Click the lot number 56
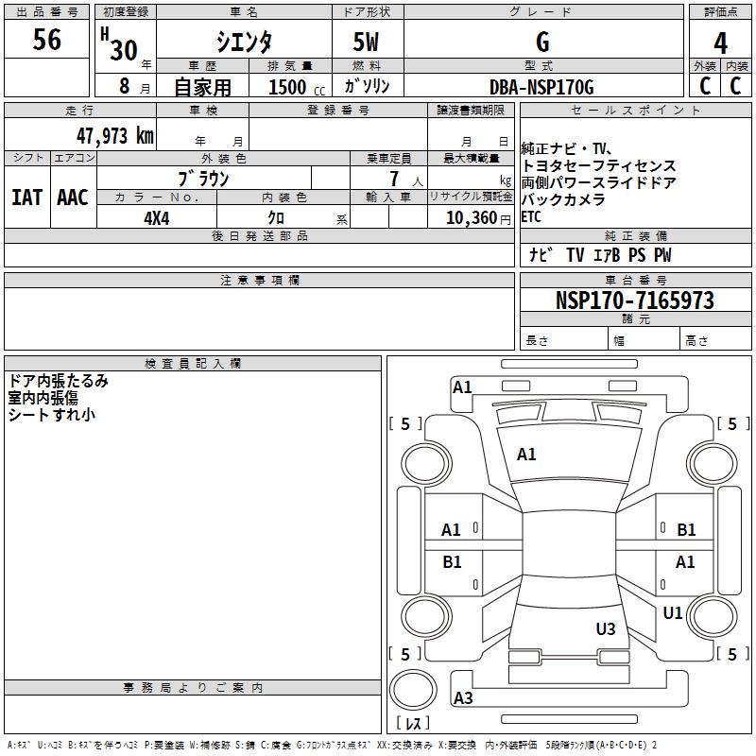pyautogui.click(x=46, y=40)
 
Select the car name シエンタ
pyautogui.click(x=245, y=42)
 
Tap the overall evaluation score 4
pyautogui.click(x=720, y=43)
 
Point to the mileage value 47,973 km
pyautogui.click(x=114, y=135)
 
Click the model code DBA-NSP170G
pyautogui.click(x=541, y=87)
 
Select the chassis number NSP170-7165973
pyautogui.click(x=634, y=301)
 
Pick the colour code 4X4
pyautogui.click(x=157, y=217)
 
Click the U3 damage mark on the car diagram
pyautogui.click(x=606, y=628)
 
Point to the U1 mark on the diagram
pyautogui.click(x=673, y=613)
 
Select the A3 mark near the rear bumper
pyautogui.click(x=463, y=698)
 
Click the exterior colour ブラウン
pyautogui.click(x=203, y=178)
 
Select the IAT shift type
pyautogui.click(x=26, y=197)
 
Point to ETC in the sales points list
pyautogui.click(x=532, y=216)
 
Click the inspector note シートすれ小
pyautogui.click(x=52, y=414)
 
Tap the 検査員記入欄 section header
pyautogui.click(x=193, y=364)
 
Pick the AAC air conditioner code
pyautogui.click(x=73, y=197)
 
